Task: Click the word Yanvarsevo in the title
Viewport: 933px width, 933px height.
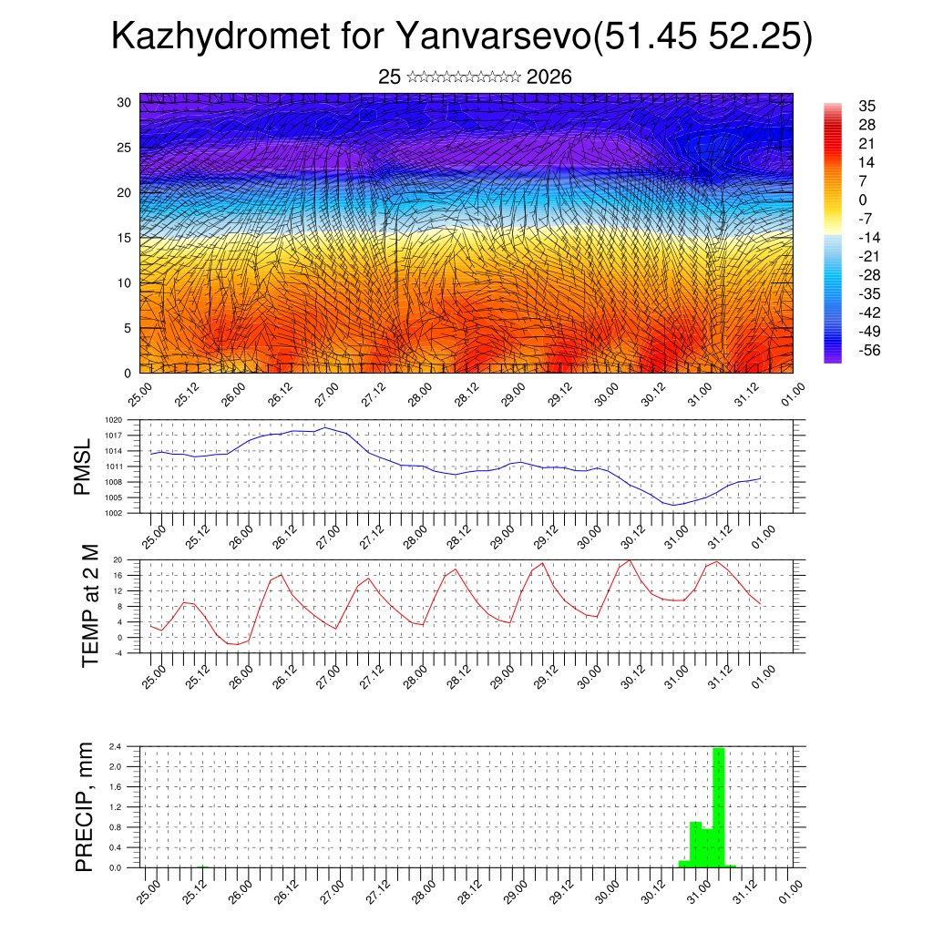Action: click(492, 38)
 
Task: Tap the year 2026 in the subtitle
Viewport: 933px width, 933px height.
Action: click(549, 77)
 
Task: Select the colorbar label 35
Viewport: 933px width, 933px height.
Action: click(866, 107)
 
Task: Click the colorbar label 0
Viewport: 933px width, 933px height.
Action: click(863, 200)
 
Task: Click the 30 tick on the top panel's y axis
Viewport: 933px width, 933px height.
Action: click(125, 102)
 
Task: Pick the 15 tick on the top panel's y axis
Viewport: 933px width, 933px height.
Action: click(125, 238)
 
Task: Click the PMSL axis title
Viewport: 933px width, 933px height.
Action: click(83, 466)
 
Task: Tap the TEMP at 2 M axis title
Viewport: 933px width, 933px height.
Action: click(90, 606)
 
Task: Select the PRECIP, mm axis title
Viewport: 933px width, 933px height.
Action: click(85, 806)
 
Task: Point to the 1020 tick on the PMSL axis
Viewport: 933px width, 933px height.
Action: click(113, 420)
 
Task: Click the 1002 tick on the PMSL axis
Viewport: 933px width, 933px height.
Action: click(113, 513)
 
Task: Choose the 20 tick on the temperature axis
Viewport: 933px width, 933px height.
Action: click(118, 559)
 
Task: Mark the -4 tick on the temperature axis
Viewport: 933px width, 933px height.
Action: click(118, 652)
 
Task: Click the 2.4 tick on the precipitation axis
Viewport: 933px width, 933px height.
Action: click(116, 746)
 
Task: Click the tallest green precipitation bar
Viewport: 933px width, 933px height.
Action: click(719, 806)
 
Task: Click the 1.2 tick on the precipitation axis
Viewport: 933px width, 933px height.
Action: click(116, 807)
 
